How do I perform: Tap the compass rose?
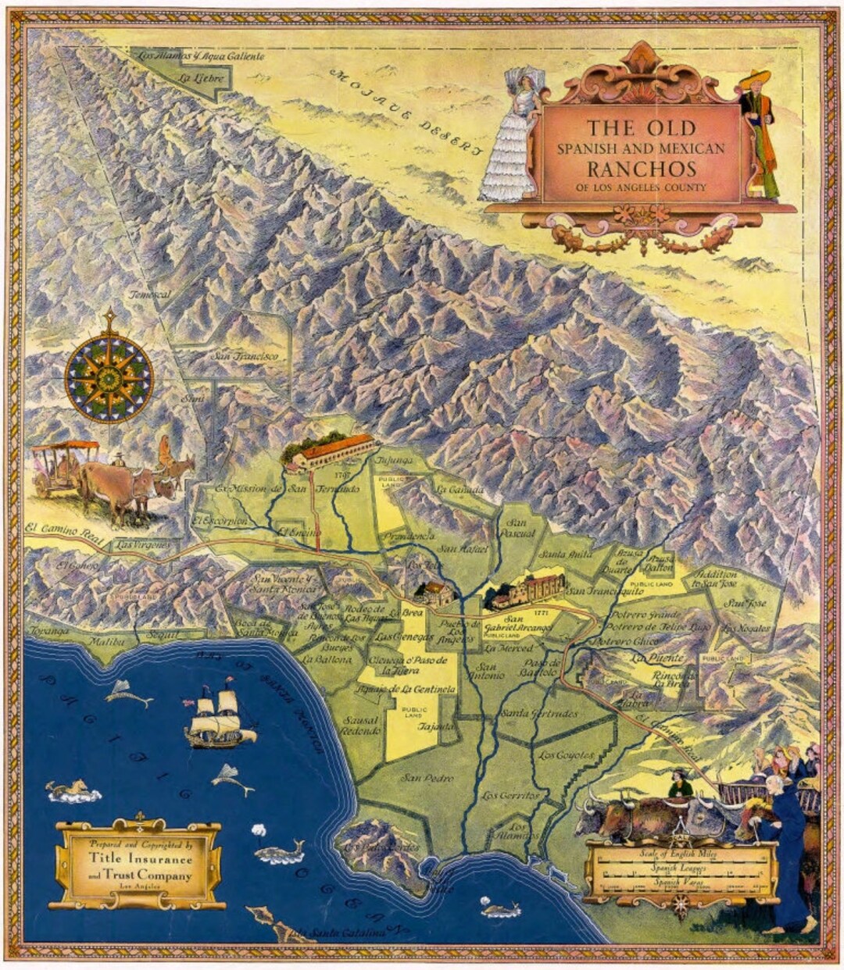coord(109,377)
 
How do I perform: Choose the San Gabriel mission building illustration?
coord(536,591)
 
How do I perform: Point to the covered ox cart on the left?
coord(66,466)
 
